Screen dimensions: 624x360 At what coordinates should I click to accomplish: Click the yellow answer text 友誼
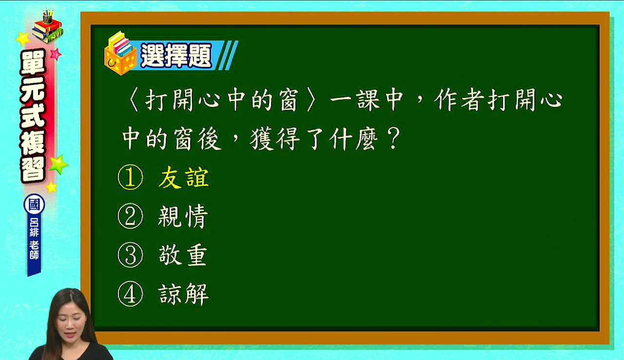point(184,178)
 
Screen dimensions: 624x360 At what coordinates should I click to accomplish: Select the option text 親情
point(183,217)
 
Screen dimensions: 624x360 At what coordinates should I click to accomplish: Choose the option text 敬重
point(183,255)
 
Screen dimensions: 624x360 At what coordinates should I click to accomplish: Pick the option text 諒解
point(184,294)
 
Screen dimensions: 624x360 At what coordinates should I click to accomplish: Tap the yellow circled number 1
point(130,178)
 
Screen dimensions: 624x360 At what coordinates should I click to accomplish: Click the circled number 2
point(130,217)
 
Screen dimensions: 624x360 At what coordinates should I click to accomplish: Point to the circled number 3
point(130,255)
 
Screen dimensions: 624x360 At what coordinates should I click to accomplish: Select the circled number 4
point(130,294)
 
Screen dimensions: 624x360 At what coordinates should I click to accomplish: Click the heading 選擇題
point(176,56)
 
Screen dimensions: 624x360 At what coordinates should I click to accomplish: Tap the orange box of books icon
point(120,53)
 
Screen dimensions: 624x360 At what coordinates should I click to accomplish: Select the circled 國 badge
point(34,204)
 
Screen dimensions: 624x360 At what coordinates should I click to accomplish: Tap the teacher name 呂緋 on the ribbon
point(34,227)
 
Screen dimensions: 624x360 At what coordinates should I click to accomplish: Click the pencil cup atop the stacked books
point(48,17)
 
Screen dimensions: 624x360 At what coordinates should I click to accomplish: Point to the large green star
point(59,164)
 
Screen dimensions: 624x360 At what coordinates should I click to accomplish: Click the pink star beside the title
point(56,54)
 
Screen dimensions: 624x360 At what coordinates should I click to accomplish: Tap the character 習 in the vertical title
point(33,169)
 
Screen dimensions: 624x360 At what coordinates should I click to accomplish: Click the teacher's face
point(70,323)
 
